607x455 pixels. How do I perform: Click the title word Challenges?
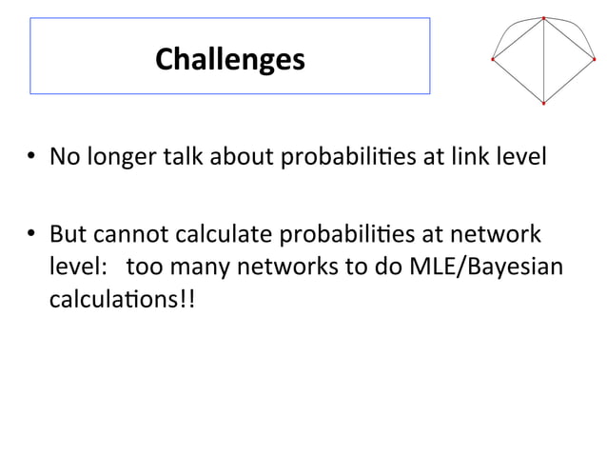tap(229, 59)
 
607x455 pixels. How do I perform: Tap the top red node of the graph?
tap(543, 18)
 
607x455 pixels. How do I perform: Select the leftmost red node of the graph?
tap(492, 59)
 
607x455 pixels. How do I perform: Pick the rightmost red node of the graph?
tap(595, 59)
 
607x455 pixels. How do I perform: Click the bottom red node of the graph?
tap(543, 103)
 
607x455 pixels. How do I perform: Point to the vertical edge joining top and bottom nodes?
tap(543, 61)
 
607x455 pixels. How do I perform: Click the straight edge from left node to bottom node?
tap(518, 81)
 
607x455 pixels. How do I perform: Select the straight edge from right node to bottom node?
tap(569, 81)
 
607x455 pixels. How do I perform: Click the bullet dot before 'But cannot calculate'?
tap(31, 234)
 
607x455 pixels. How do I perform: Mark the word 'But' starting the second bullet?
tap(66, 233)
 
